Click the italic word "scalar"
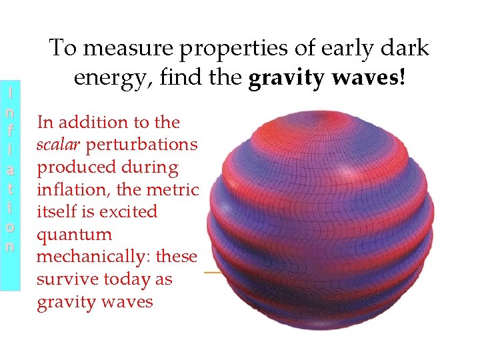click(59, 145)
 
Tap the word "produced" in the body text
click(79, 167)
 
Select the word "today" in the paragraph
click(129, 279)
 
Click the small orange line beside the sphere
click(213, 273)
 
